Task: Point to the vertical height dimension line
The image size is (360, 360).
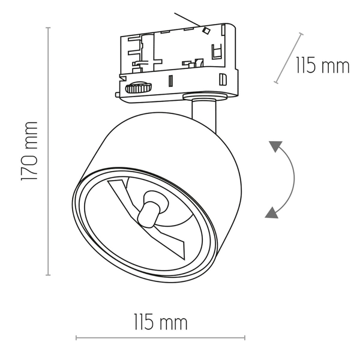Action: coord(48,151)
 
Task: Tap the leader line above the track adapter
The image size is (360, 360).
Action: coord(187,19)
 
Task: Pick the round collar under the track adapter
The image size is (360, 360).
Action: coord(206,97)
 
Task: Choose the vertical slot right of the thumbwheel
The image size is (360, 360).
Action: coord(170,80)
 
